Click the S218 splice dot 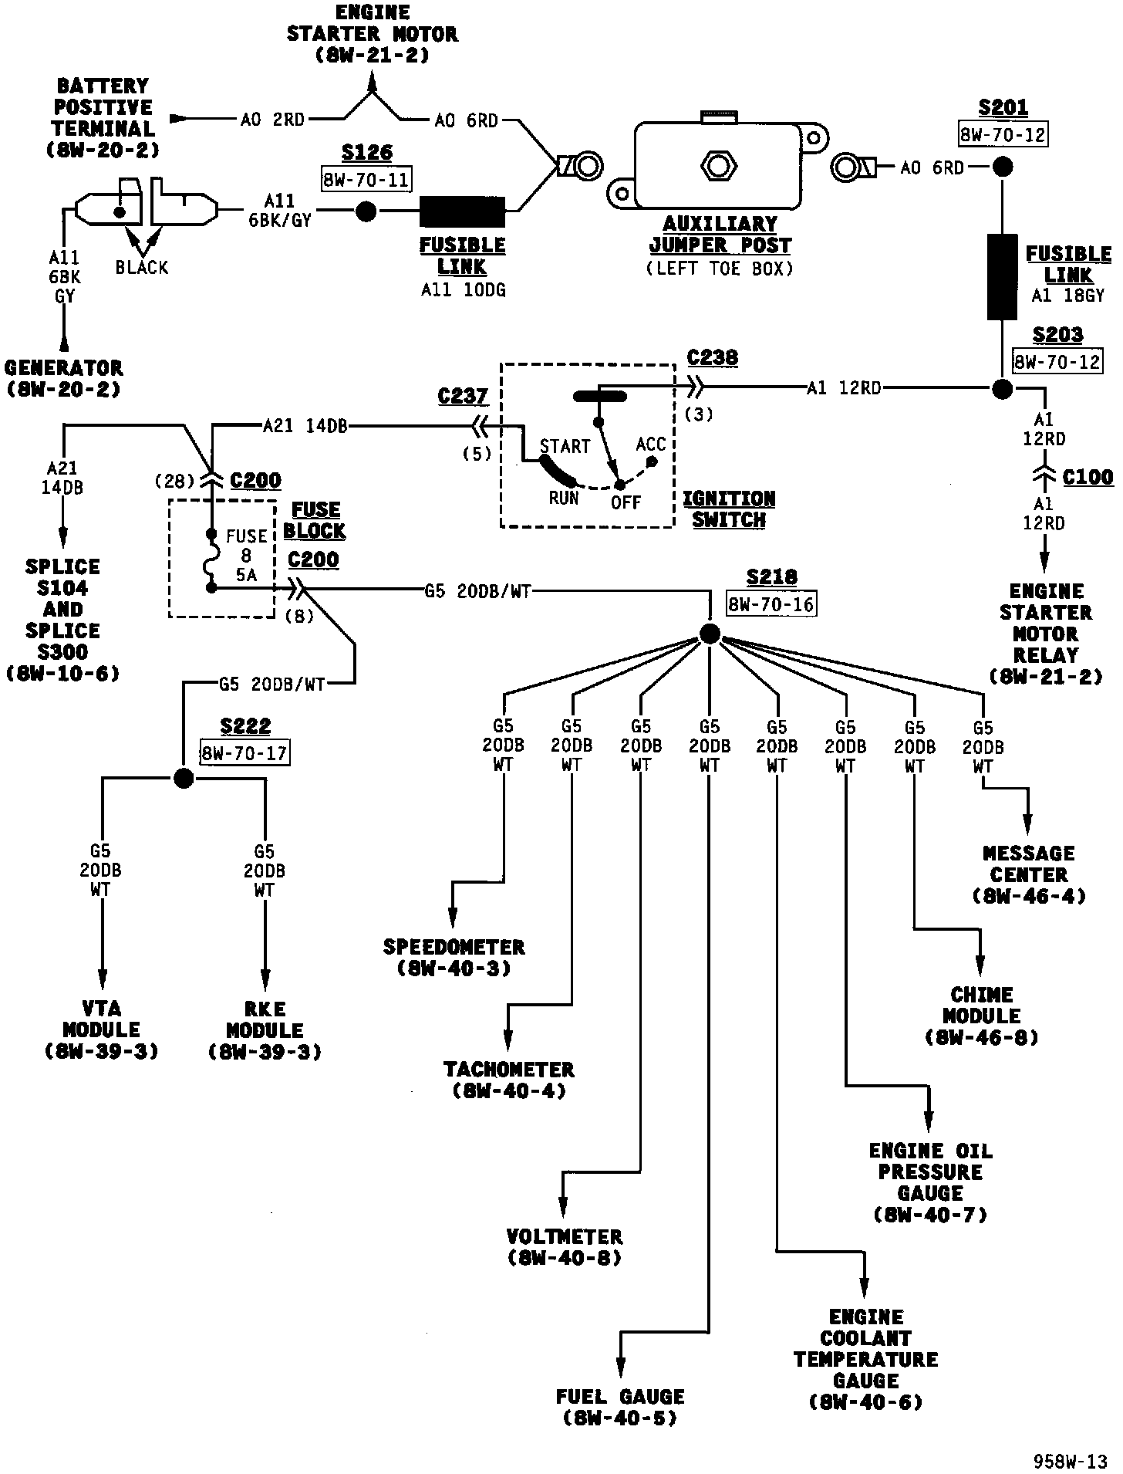coord(710,634)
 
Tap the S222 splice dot coord(184,778)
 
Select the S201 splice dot coord(1002,167)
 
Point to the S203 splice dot coord(1002,389)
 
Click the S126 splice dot coord(366,211)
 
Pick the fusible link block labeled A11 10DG coord(462,211)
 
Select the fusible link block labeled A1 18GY coord(1002,278)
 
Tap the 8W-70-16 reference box coord(771,604)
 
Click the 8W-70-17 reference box coord(244,752)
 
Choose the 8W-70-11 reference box coord(366,180)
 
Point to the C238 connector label coord(712,358)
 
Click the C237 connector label coord(463,397)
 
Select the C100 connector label coord(1088,478)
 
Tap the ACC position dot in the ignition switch coord(652,461)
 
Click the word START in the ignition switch coord(565,446)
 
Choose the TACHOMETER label coord(509,1070)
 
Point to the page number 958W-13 coord(1071,1461)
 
